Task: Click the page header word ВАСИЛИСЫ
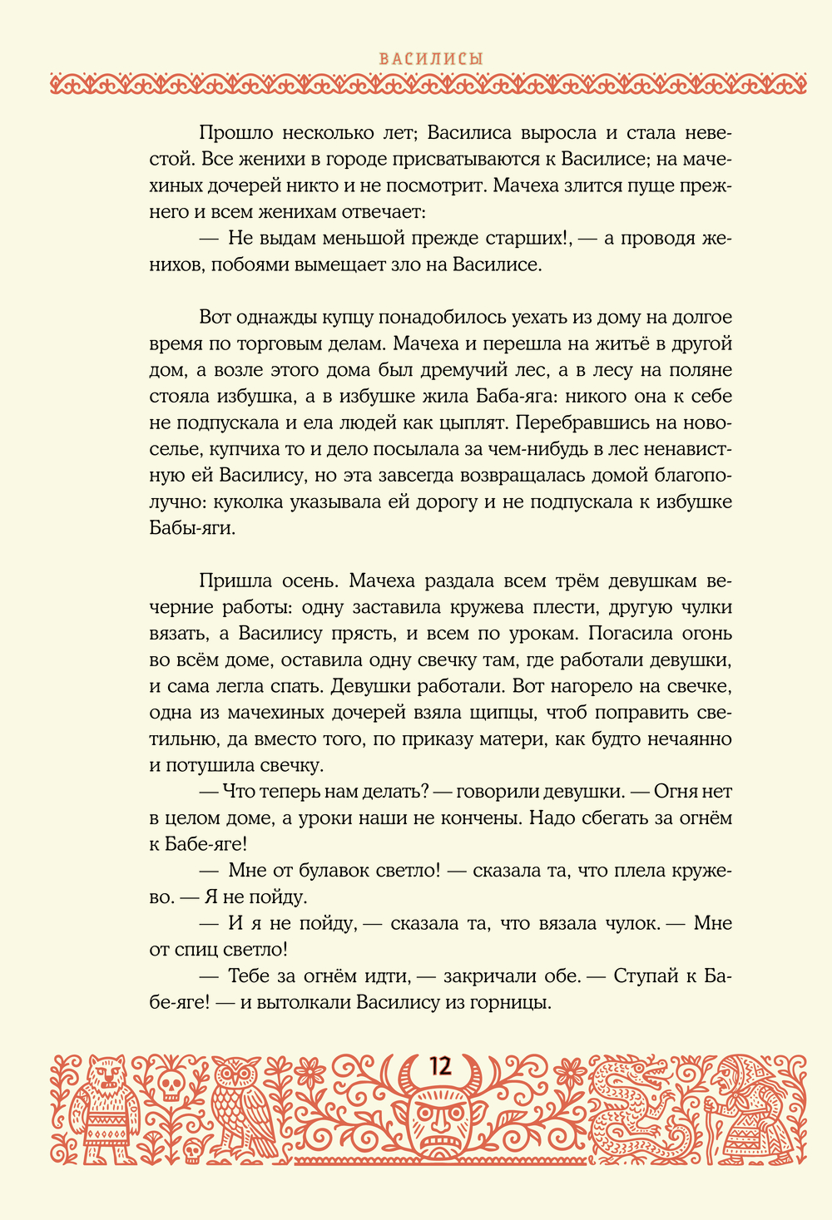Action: tap(431, 59)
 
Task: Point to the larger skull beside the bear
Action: tap(170, 1084)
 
